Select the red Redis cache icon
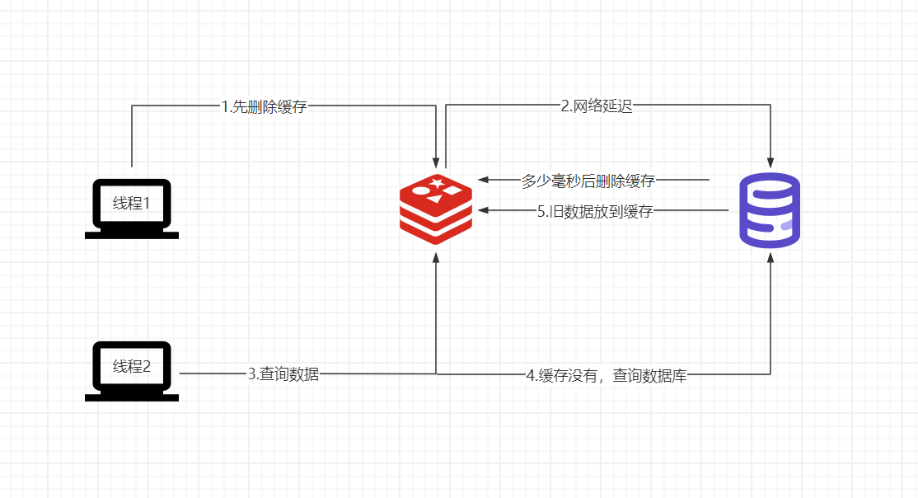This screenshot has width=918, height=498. tap(436, 209)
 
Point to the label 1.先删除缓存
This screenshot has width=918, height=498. tap(264, 106)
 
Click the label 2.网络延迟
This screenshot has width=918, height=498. tap(597, 106)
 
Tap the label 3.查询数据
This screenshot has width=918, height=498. tap(283, 373)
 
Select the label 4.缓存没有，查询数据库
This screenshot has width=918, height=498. tap(607, 375)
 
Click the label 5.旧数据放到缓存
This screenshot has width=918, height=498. tap(595, 212)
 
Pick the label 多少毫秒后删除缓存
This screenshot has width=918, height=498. tap(588, 181)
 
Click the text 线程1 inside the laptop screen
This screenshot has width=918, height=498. tap(132, 204)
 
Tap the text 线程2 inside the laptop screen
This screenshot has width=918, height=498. tap(132, 366)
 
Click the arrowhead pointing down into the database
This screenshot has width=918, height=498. tap(770, 163)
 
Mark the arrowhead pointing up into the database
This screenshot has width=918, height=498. tap(770, 258)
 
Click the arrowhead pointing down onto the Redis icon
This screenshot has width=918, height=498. tap(436, 162)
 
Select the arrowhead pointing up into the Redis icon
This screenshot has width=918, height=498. tap(436, 258)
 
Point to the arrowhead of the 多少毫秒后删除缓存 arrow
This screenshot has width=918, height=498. tap(484, 180)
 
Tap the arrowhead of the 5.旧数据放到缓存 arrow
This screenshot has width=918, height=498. tap(484, 209)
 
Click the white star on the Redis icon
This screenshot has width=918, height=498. tap(436, 183)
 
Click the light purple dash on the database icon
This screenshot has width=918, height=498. tap(788, 226)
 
